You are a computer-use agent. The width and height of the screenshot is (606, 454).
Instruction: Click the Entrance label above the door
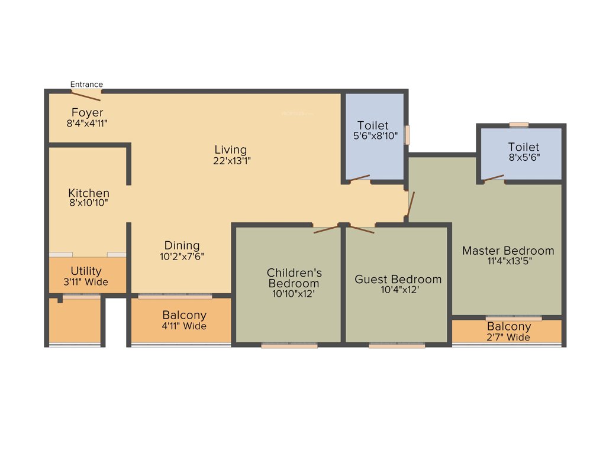86,84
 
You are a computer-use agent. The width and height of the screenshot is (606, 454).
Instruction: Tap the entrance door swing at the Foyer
87,96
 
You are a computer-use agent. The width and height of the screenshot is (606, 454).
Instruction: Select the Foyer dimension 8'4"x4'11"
87,124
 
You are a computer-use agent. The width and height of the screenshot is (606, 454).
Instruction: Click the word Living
231,150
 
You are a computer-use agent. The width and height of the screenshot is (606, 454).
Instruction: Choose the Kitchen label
89,193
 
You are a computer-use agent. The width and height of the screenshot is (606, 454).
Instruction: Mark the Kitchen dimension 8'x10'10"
89,203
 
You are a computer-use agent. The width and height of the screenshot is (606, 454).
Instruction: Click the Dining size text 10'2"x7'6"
182,257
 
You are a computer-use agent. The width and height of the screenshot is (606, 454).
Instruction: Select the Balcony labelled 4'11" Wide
185,320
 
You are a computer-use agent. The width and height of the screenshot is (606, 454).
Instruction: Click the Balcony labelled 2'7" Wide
509,332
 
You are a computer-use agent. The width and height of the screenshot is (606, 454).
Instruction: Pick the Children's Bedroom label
294,278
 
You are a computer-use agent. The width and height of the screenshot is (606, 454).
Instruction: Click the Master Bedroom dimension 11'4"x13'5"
508,261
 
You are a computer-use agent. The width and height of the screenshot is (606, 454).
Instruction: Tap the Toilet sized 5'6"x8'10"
373,131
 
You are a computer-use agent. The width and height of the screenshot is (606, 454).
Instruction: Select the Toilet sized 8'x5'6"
524,152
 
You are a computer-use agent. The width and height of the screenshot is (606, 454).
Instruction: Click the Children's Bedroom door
326,229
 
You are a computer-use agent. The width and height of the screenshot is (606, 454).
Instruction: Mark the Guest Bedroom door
362,228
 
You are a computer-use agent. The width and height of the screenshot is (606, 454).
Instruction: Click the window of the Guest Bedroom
397,346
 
